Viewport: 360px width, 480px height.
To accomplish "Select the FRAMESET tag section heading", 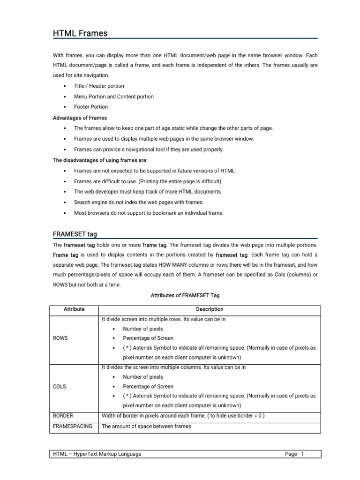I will tap(75, 234).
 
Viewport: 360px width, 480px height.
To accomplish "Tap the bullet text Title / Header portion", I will tap(99, 86).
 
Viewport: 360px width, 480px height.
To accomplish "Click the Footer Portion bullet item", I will tap(91, 107).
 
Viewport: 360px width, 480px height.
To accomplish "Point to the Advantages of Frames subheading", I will tap(80, 118).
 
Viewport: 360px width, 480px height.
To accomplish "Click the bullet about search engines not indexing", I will tap(139, 202).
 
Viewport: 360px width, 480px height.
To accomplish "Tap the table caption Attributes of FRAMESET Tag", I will tap(185, 296).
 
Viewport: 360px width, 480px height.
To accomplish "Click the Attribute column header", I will tap(74, 309).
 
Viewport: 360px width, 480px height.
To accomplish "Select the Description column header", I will tap(209, 309).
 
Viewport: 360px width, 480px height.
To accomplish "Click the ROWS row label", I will tap(61, 338).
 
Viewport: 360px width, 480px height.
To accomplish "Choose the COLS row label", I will tap(60, 387).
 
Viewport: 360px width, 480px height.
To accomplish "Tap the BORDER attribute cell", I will tap(63, 416).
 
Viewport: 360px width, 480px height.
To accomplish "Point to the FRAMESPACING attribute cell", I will tap(72, 427).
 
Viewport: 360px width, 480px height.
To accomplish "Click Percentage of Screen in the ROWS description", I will tap(148, 338).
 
